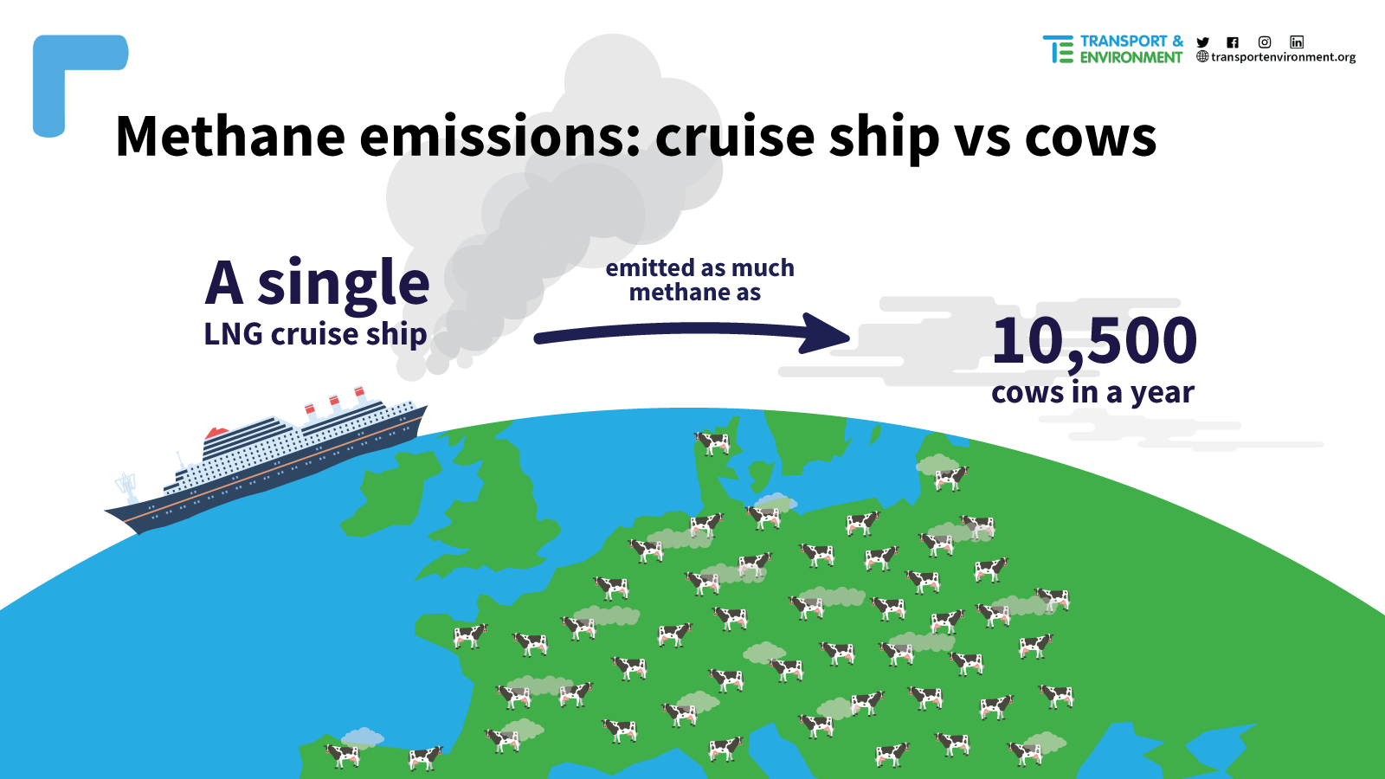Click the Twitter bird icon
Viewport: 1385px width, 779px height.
[x=1202, y=42]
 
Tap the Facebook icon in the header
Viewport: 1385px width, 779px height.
[x=1233, y=42]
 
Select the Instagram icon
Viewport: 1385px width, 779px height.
[x=1265, y=42]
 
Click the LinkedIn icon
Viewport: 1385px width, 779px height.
[x=1297, y=42]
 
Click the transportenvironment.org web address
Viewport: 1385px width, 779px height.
[x=1283, y=57]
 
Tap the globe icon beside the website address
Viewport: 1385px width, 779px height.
[x=1202, y=57]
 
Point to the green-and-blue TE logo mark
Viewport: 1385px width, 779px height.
[x=1058, y=48]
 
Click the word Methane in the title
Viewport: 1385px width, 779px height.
[x=230, y=136]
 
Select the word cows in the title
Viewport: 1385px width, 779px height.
[x=1091, y=138]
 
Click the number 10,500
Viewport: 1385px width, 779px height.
[x=1094, y=341]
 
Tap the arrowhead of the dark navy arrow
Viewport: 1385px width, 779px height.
[x=826, y=333]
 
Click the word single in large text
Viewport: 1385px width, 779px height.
[x=343, y=283]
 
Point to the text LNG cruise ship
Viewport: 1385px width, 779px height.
[x=315, y=334]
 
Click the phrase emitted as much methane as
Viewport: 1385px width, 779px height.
[x=699, y=280]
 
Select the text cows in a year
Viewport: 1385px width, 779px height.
[x=1092, y=393]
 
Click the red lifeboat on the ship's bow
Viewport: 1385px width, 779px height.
[x=217, y=432]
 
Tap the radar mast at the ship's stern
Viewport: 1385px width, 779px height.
[x=126, y=486]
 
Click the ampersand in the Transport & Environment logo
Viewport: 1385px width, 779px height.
[x=1177, y=42]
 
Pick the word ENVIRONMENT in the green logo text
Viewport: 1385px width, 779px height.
[x=1131, y=57]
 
